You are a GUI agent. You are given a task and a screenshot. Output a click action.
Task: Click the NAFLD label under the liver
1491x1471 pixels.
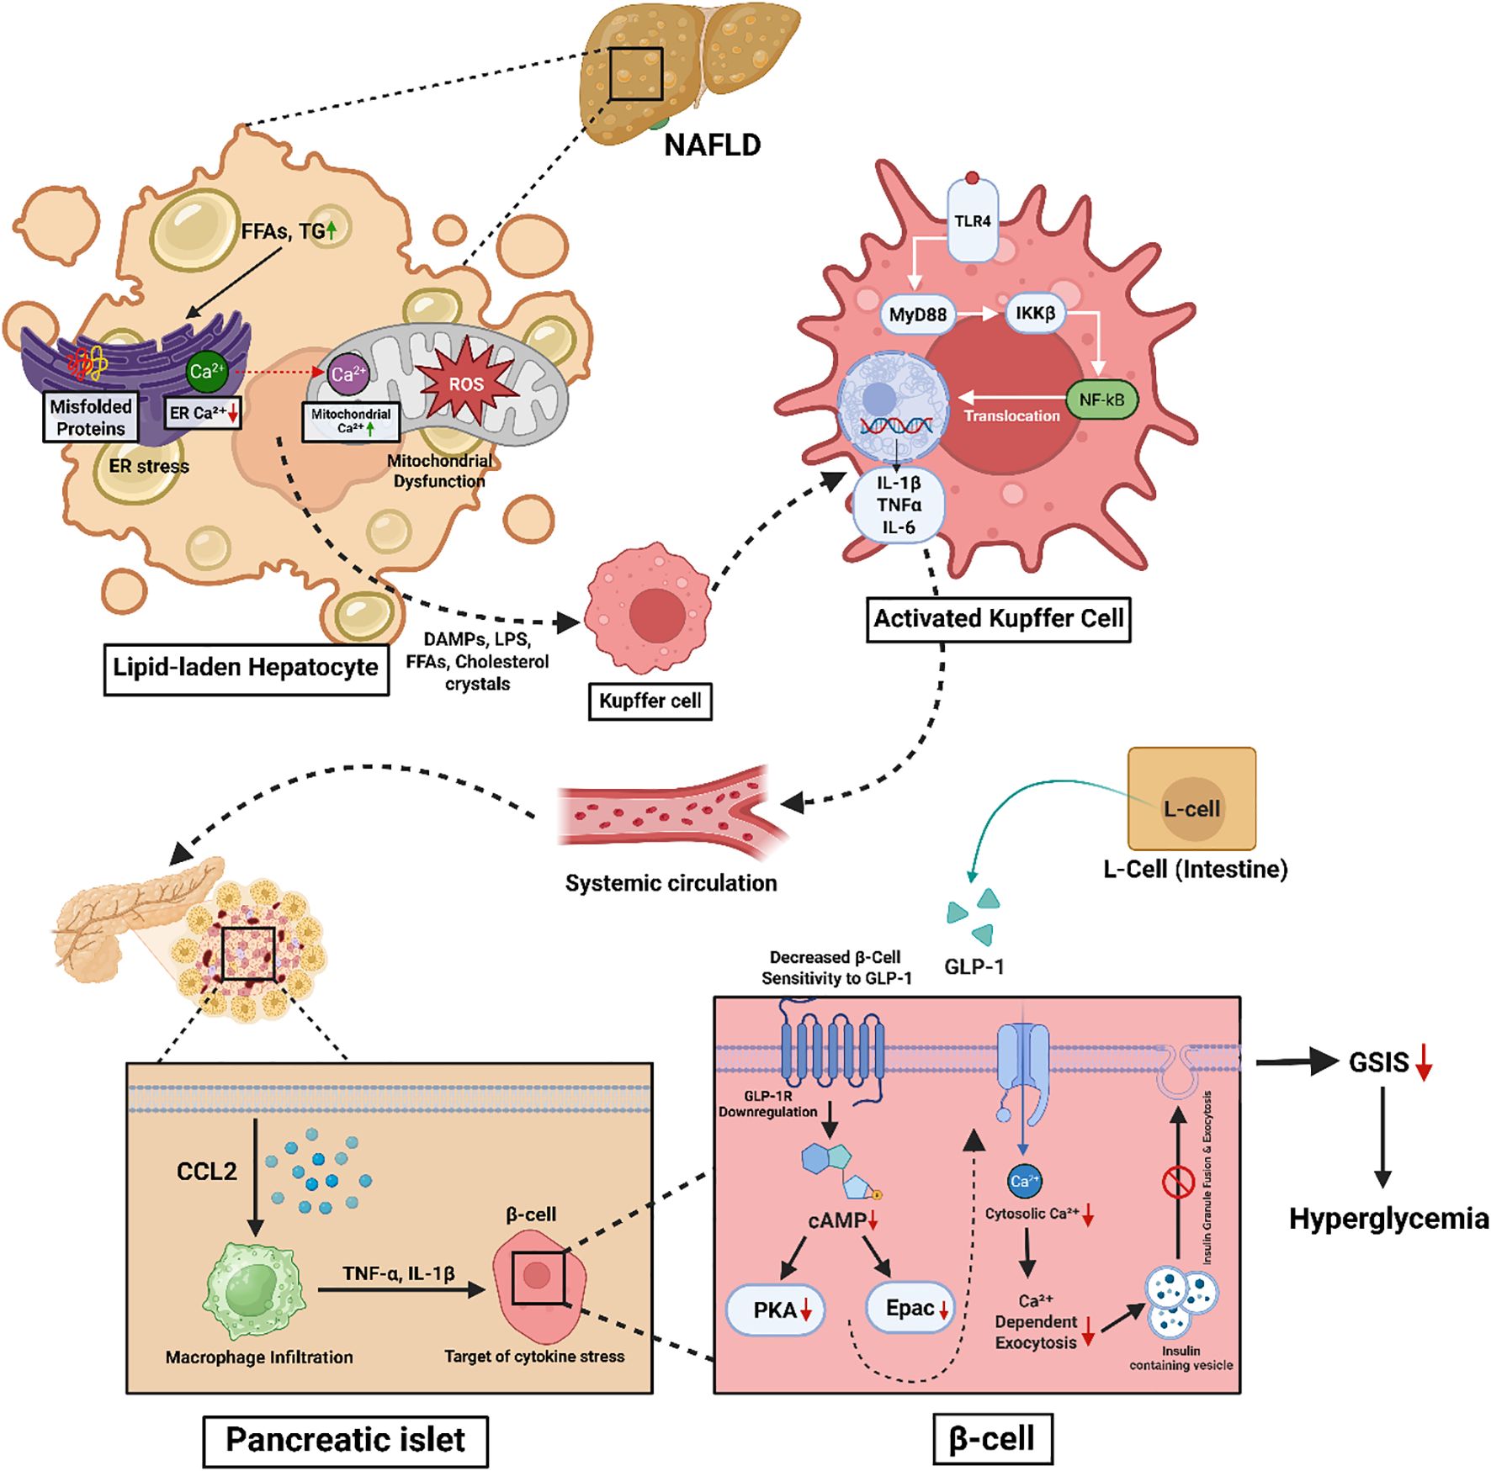coord(712,146)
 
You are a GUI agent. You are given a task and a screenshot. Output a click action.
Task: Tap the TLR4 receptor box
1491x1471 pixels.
coord(972,221)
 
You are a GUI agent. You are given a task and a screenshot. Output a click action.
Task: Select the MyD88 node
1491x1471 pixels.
coord(917,315)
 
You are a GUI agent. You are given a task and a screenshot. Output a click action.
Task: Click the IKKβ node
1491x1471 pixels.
coord(1035,314)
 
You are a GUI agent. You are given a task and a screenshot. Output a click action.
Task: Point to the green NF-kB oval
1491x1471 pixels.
coord(1101,400)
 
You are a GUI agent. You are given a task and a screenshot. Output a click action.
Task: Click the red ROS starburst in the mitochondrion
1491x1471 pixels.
coord(466,384)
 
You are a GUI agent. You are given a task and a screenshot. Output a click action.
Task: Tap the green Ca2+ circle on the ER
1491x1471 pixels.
coord(206,372)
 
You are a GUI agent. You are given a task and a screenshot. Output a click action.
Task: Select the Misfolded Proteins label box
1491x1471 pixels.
coord(90,417)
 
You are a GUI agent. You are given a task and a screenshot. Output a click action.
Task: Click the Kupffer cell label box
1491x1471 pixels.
coord(650,701)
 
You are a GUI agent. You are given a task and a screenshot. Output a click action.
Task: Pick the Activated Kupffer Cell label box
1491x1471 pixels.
coord(998,619)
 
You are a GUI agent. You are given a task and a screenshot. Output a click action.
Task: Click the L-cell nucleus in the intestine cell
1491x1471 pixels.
coord(1191,809)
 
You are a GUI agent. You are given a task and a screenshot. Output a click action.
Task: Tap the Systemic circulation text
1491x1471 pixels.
coord(671,883)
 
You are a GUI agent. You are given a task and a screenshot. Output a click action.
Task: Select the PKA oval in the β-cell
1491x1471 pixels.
coord(775,1310)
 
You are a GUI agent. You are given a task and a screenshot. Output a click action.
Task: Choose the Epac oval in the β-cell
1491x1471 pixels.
coord(910,1308)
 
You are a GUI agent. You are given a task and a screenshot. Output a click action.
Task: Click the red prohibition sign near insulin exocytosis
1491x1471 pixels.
coord(1178,1182)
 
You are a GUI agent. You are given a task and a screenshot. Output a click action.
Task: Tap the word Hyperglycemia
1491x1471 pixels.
coord(1388,1219)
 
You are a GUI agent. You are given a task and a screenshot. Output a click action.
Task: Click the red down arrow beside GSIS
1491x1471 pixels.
coord(1424,1062)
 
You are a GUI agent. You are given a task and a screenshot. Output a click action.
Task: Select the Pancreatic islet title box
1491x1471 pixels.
coord(345,1440)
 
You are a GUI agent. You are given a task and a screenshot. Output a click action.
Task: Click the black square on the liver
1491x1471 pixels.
coord(636,73)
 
